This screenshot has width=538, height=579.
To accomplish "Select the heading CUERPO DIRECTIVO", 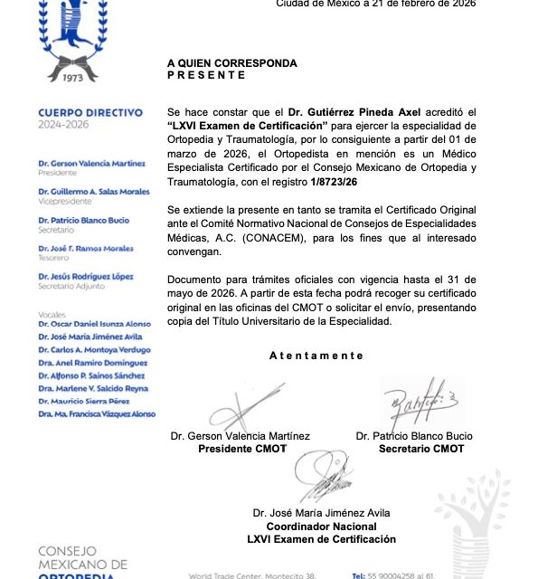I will click(x=90, y=113).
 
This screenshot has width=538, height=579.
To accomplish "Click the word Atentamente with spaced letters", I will click(x=316, y=356).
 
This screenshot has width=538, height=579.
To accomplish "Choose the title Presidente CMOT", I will click(x=241, y=449).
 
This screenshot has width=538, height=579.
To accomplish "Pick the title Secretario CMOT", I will click(x=421, y=449).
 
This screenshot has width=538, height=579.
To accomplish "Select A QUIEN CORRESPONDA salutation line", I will click(x=231, y=63).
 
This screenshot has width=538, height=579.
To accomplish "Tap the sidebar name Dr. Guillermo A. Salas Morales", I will click(x=94, y=192).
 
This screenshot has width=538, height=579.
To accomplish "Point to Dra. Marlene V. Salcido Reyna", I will click(x=92, y=388).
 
